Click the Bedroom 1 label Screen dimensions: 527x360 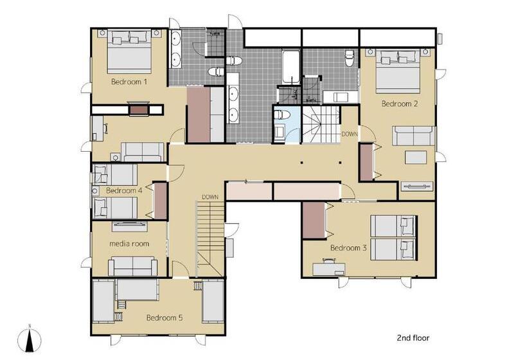(x=129, y=82)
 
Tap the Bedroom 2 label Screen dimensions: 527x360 (x=400, y=104)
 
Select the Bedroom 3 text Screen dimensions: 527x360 (x=348, y=248)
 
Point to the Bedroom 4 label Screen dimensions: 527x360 (x=124, y=190)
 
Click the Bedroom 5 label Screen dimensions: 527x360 (x=165, y=318)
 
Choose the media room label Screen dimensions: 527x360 (x=129, y=244)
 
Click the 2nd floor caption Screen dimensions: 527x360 (x=413, y=337)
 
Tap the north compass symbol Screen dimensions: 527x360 (x=30, y=339)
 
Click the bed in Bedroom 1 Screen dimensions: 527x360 (x=129, y=51)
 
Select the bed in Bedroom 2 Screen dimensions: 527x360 (x=398, y=71)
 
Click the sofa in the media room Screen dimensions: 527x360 (x=133, y=266)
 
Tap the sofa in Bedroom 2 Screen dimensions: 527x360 (x=413, y=136)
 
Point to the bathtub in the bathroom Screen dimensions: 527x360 (x=290, y=67)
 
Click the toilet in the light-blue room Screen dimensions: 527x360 (x=281, y=115)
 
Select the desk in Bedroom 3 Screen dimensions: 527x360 (x=328, y=269)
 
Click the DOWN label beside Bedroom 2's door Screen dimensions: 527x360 (x=350, y=134)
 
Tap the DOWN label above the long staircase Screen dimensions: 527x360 (x=210, y=197)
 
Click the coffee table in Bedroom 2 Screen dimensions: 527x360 (x=416, y=157)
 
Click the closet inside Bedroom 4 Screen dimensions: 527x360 (x=161, y=201)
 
